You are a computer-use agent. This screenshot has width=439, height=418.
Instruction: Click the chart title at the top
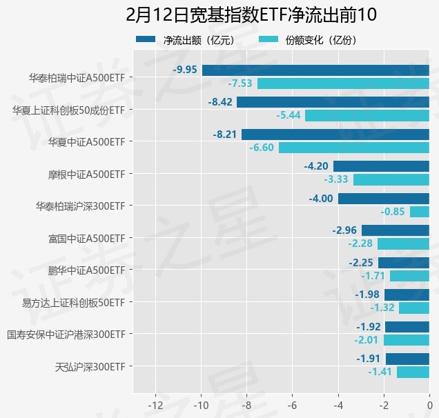[x=246, y=14]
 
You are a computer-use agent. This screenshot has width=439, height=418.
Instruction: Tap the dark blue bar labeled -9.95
[x=315, y=70]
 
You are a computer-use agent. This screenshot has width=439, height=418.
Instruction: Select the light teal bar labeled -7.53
[x=343, y=83]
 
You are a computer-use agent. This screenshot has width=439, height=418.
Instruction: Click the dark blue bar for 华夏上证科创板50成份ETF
[x=333, y=102]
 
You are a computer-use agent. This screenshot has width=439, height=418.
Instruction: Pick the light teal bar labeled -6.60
[x=354, y=148]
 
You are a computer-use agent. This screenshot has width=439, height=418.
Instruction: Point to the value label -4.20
[x=317, y=166]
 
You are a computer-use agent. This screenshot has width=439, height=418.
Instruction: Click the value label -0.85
[x=393, y=212]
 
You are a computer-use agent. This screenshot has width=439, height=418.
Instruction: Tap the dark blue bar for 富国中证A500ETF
[x=396, y=230]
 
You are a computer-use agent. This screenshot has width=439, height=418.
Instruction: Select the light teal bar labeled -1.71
[x=409, y=276]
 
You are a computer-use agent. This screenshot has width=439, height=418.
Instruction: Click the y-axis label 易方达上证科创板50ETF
[x=74, y=302]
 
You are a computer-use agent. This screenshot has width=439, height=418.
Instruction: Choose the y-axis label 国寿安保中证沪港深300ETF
[x=66, y=335]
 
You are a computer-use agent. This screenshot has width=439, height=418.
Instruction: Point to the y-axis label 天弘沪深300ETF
[x=90, y=366]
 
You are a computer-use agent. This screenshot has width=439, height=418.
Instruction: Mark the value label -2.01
[x=367, y=340]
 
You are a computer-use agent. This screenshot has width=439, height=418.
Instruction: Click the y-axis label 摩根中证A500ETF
[x=86, y=174]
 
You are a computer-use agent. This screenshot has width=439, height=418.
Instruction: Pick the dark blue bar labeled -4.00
[x=384, y=199]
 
